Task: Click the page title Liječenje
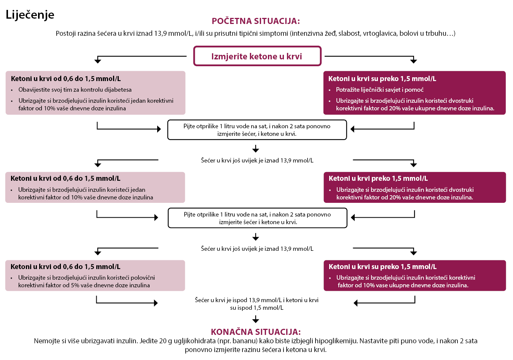[x=30, y=15]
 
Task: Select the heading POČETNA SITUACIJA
[x=256, y=21]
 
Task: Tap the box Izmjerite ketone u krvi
[x=257, y=56]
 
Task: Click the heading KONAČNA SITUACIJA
[x=256, y=331]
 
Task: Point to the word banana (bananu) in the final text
[x=247, y=341]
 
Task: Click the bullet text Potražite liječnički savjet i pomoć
[x=380, y=89]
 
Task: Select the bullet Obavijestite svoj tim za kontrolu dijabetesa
[x=75, y=89]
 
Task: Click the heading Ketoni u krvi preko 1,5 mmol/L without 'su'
[x=378, y=178]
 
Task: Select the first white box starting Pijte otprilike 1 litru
[x=257, y=130]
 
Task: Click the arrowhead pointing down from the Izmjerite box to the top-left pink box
[x=98, y=61]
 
